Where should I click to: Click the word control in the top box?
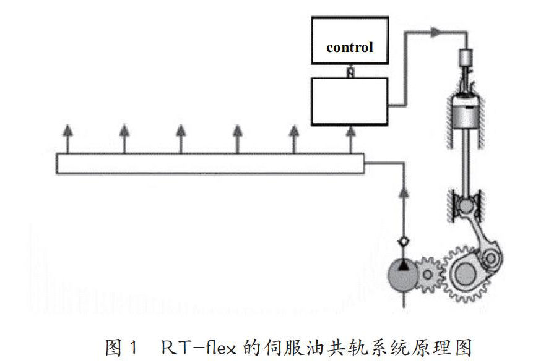coord(350,47)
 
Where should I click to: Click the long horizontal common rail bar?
coord(210,163)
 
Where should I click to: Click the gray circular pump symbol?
coord(402,276)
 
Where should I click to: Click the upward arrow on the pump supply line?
coord(403,195)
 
